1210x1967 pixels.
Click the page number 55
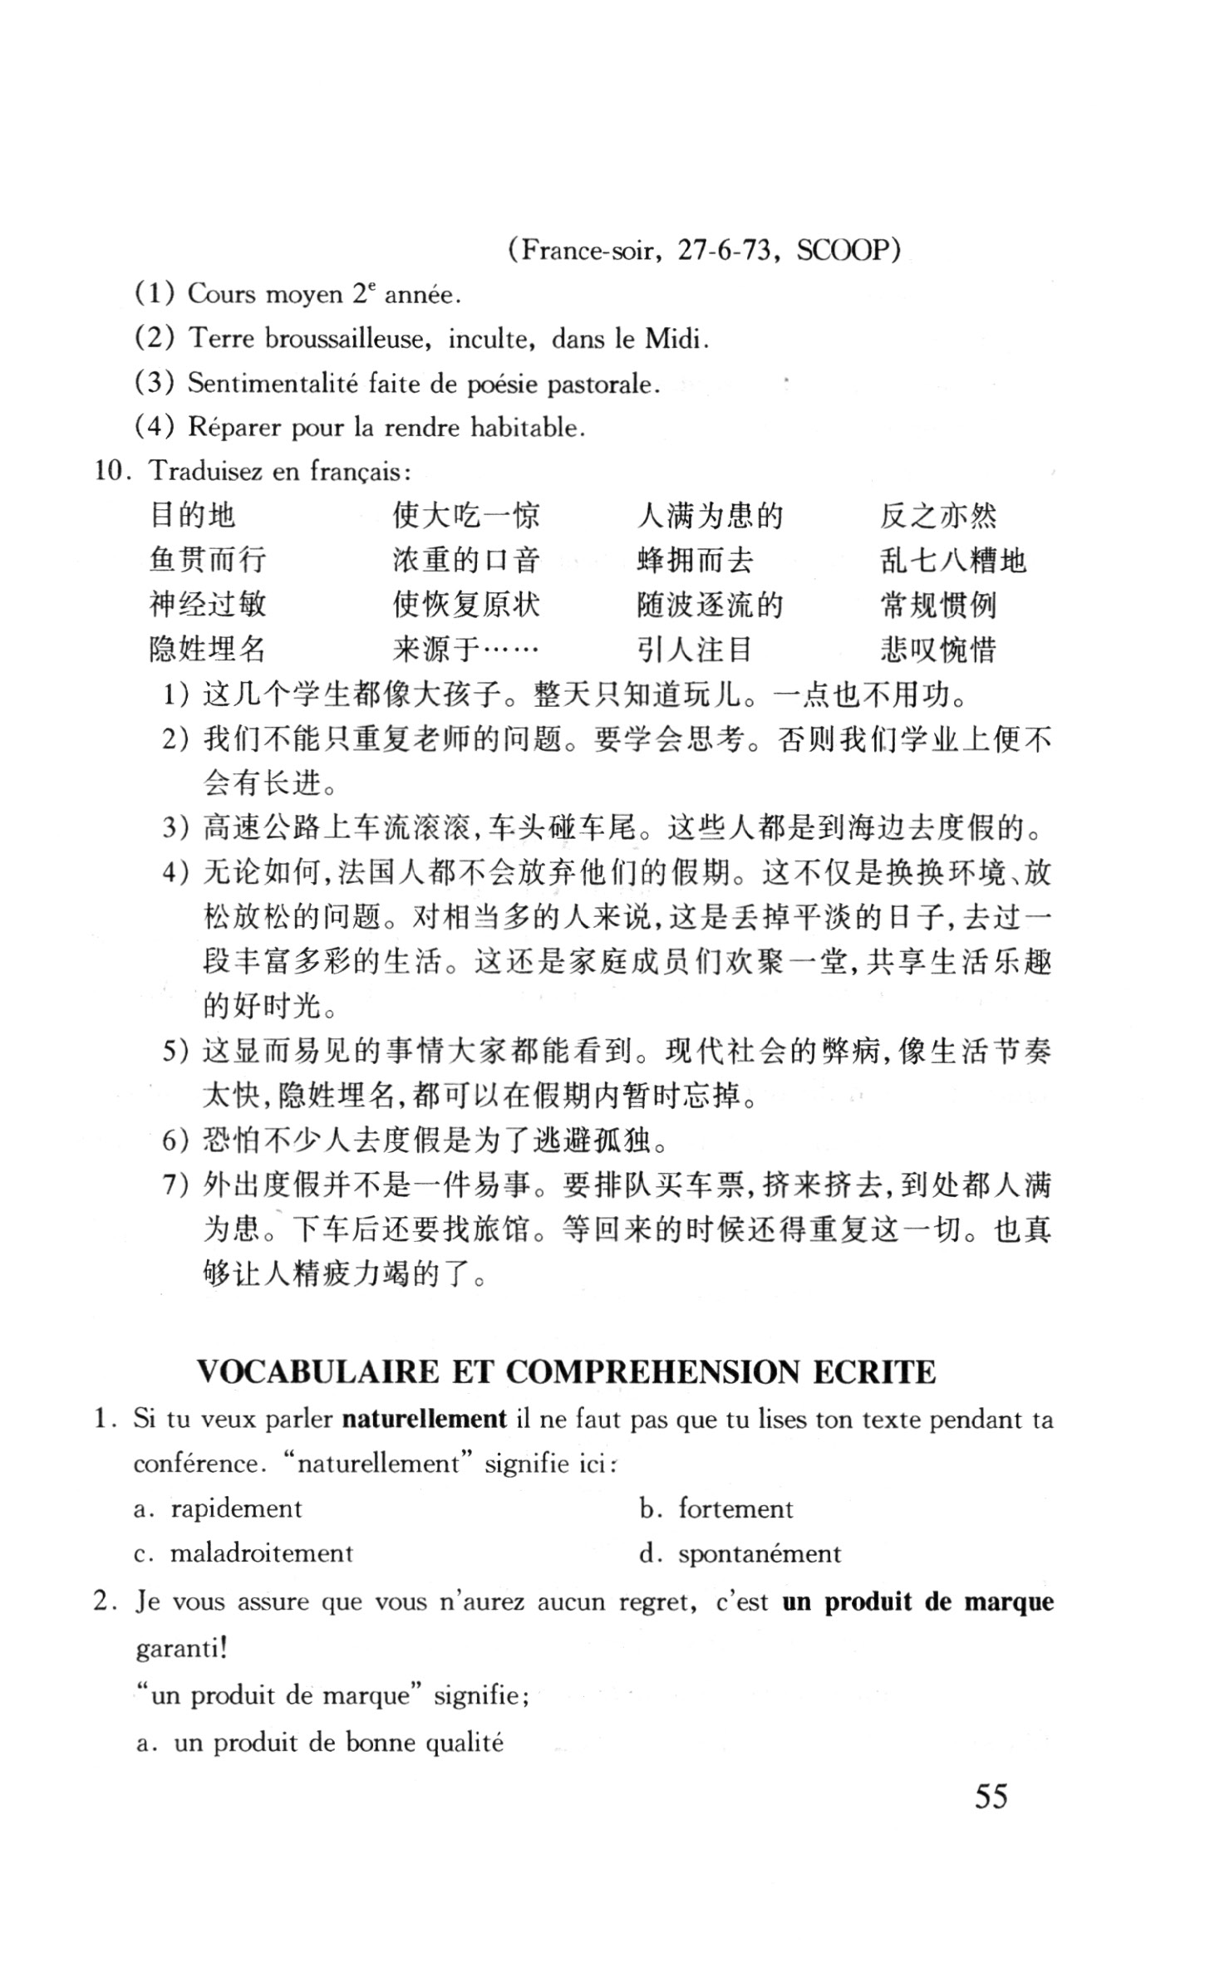coord(991,1796)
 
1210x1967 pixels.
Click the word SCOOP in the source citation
coord(844,250)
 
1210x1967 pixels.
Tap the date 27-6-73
coord(724,250)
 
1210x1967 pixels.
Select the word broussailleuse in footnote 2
coord(346,338)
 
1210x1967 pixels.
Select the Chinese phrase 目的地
coord(193,516)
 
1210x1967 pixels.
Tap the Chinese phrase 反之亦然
coord(938,516)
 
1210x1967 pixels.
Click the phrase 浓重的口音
coord(466,560)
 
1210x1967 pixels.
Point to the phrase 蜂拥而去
coord(695,560)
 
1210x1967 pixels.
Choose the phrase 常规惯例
coord(938,605)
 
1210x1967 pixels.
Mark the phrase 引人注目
coord(695,649)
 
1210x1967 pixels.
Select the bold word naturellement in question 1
coord(424,1419)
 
